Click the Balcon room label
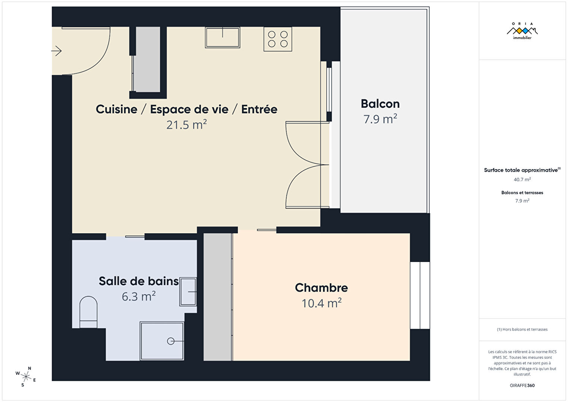click(x=380, y=104)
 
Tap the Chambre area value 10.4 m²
click(x=322, y=303)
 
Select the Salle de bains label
click(x=139, y=281)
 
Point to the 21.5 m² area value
click(x=186, y=124)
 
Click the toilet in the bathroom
click(x=89, y=312)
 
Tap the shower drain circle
click(x=170, y=341)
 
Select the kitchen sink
click(x=223, y=37)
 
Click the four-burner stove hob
click(x=278, y=39)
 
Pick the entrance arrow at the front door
click(x=57, y=51)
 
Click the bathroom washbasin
click(x=188, y=292)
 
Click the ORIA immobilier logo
click(x=522, y=31)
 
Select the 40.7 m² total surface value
click(x=522, y=180)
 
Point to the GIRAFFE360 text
click(x=522, y=385)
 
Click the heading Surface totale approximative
click(x=521, y=170)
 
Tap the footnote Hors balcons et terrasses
click(x=522, y=329)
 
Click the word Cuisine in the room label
click(x=117, y=110)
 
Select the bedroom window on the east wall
click(x=420, y=295)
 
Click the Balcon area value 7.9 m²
click(x=380, y=119)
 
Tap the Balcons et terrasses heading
click(x=522, y=193)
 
